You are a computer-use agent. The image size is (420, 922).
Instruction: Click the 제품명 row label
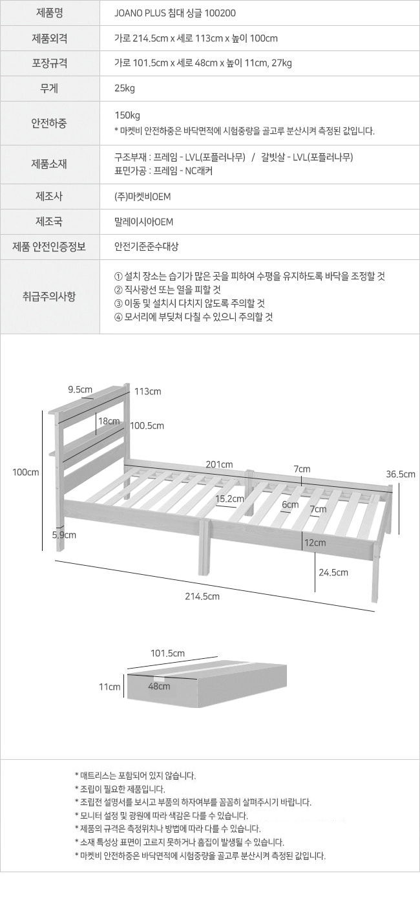(49, 13)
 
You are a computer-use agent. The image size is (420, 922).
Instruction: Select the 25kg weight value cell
(125, 89)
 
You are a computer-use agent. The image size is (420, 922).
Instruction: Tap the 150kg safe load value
(127, 115)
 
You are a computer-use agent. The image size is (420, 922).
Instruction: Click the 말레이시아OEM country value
(143, 222)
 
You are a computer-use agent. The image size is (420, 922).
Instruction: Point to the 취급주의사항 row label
(49, 296)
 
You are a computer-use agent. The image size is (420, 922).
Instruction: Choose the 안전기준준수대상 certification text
(147, 247)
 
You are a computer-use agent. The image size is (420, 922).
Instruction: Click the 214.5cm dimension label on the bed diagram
(202, 596)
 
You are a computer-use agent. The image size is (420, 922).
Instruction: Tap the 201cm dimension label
(219, 464)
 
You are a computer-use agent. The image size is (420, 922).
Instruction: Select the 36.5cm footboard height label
(400, 474)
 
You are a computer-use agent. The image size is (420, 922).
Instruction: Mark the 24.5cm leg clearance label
(333, 573)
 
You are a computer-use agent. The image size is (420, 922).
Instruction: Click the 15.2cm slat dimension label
(229, 499)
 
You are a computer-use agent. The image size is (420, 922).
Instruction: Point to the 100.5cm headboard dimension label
(147, 426)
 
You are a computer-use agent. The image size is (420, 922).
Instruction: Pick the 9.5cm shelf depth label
(80, 389)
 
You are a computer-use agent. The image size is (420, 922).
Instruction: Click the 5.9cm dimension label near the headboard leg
(64, 535)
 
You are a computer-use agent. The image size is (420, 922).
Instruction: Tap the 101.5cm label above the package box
(167, 653)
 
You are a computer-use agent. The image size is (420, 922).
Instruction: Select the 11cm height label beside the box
(109, 687)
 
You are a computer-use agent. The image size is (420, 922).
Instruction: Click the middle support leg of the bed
(204, 547)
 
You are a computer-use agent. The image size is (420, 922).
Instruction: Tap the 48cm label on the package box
(159, 686)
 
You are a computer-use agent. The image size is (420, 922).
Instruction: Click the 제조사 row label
(49, 197)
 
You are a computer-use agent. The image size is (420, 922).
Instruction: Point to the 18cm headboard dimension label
(109, 421)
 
